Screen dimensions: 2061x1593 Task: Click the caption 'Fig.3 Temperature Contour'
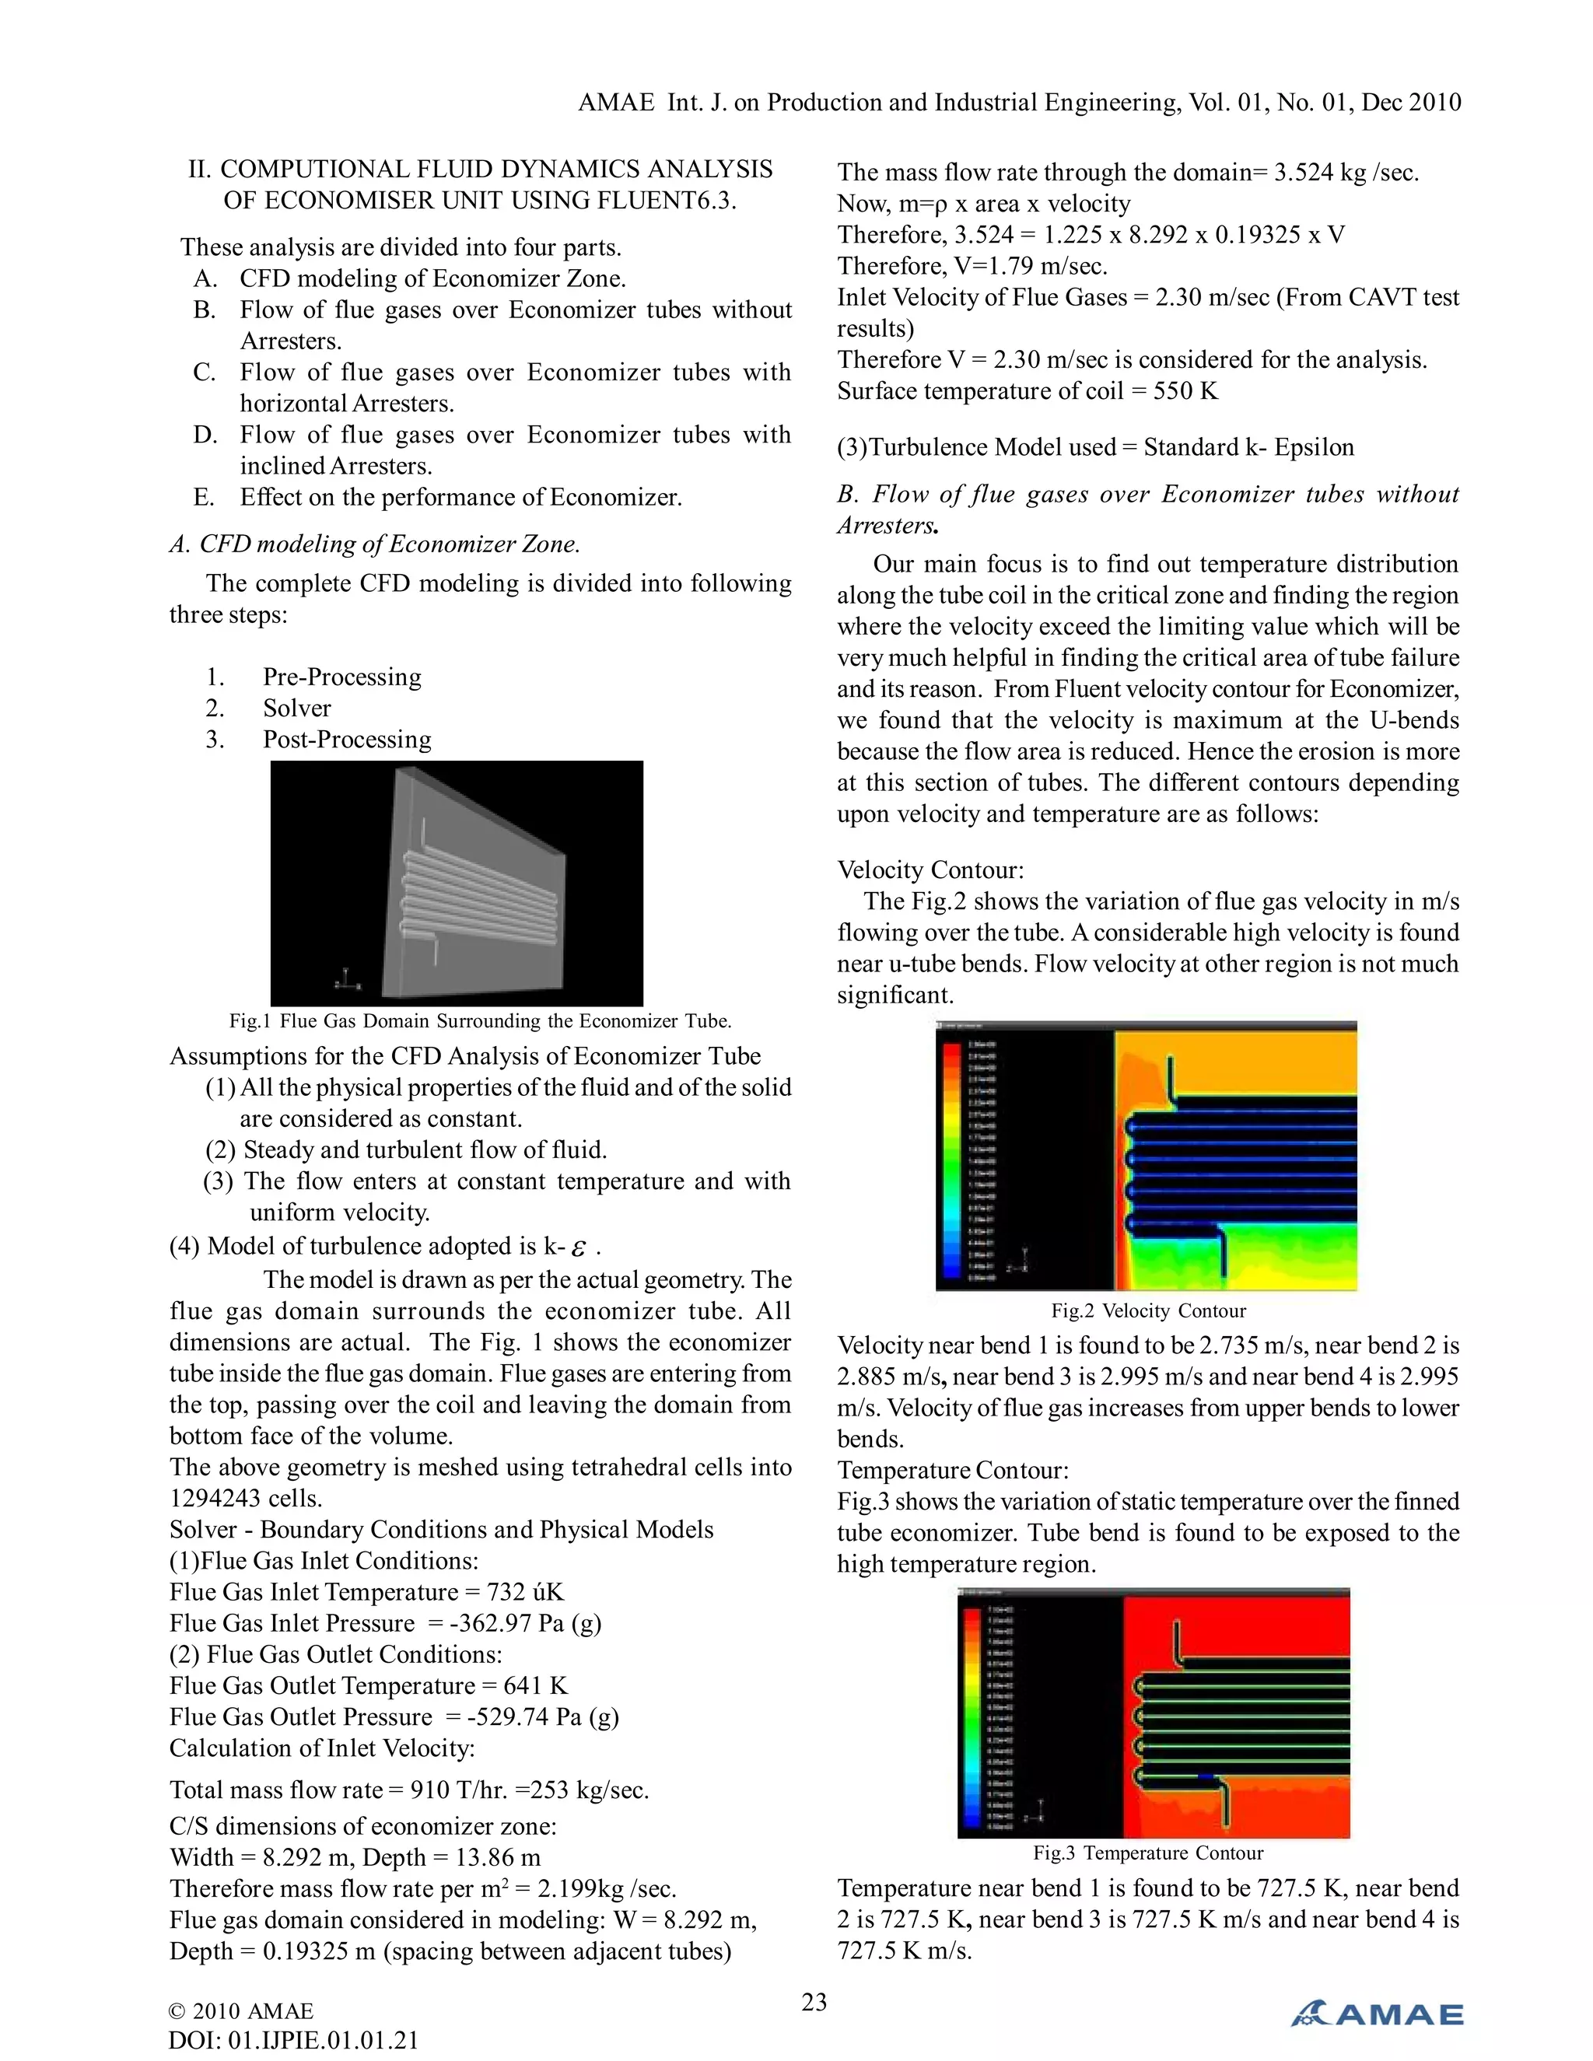pos(1147,1853)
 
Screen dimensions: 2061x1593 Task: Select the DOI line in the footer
pos(292,2040)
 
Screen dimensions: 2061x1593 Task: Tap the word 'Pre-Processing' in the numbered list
pos(341,677)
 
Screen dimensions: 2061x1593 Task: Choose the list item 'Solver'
pos(297,708)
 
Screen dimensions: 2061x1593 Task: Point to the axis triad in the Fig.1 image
pos(345,978)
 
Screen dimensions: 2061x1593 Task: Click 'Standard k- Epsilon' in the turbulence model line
pos(1248,447)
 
